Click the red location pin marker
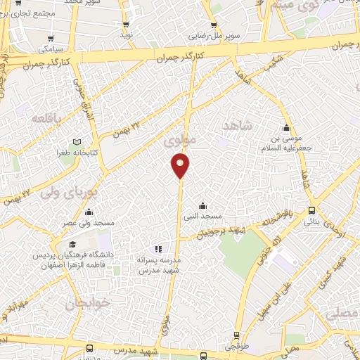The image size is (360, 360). pos(181,165)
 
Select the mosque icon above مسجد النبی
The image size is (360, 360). pos(203,205)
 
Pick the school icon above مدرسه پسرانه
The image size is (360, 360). pos(158,248)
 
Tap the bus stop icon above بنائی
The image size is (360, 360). pos(311,210)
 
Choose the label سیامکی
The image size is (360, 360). pos(52,49)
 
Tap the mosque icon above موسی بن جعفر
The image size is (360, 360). pos(285,128)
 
